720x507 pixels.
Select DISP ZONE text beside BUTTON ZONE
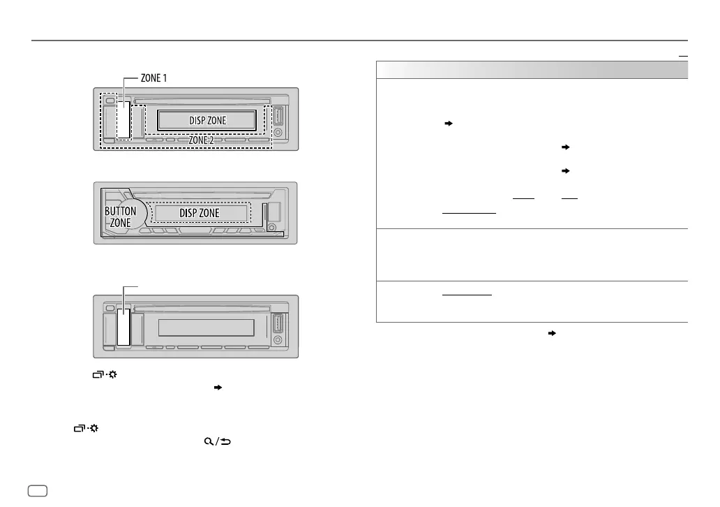click(200, 212)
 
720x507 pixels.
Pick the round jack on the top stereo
click(278, 132)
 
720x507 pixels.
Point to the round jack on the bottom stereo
click(278, 340)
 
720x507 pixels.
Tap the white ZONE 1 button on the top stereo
click(124, 119)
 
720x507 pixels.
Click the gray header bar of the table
click(532, 70)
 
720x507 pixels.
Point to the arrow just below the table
click(552, 333)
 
